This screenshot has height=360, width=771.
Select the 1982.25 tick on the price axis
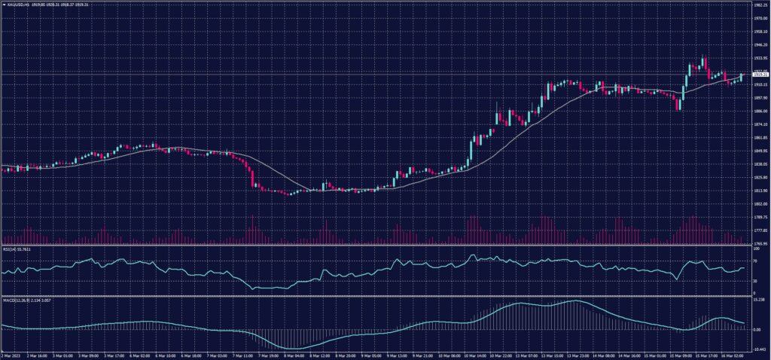(x=760, y=5)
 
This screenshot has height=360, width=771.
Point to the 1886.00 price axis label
(x=760, y=111)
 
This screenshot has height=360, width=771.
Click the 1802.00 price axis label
(x=760, y=204)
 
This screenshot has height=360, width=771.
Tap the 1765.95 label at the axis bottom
(x=760, y=244)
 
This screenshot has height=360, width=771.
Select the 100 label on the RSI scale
(x=755, y=248)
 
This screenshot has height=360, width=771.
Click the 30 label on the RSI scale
(x=755, y=281)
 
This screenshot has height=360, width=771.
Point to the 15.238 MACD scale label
(x=759, y=300)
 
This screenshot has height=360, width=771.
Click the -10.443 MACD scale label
(x=759, y=350)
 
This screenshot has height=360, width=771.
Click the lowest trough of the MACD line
(x=290, y=348)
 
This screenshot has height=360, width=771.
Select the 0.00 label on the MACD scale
(x=757, y=330)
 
